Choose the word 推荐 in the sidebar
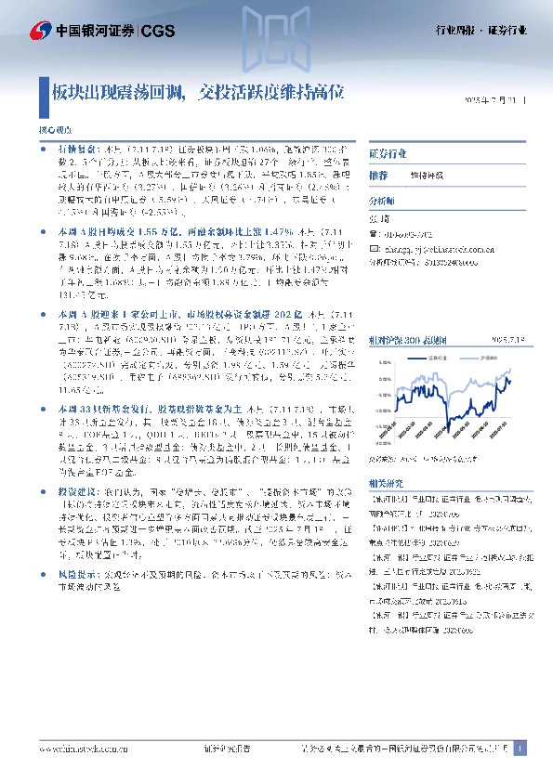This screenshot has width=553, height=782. tap(378, 175)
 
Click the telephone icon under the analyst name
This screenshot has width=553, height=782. tap(372, 235)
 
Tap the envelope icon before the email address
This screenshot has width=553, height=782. tap(372, 248)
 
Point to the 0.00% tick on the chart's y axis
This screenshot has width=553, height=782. tap(384, 378)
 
